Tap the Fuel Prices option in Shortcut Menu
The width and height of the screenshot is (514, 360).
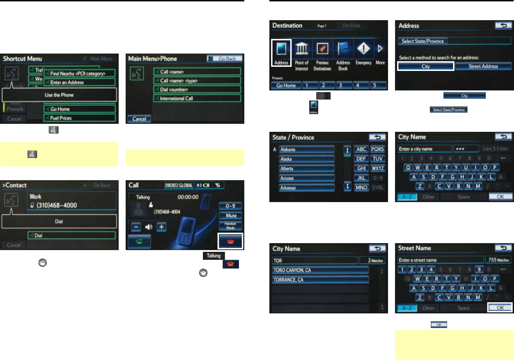click(x=80, y=118)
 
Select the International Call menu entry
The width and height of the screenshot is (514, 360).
click(x=197, y=98)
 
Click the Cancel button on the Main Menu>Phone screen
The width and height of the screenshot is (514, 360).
click(x=139, y=119)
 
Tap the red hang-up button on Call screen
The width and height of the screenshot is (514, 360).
click(x=230, y=241)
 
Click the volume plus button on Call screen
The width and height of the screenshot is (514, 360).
click(x=161, y=227)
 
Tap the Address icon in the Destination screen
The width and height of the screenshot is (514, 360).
click(x=281, y=53)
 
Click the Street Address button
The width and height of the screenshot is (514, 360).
click(x=483, y=66)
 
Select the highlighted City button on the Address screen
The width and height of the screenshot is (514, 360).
click(x=426, y=66)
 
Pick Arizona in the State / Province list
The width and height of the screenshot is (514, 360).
click(x=307, y=178)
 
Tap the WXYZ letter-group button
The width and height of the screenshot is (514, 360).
click(x=378, y=168)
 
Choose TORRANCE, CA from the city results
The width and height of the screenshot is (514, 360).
click(x=320, y=280)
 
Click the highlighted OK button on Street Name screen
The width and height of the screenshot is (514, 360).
click(x=500, y=308)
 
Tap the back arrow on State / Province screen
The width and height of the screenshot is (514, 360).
click(x=377, y=137)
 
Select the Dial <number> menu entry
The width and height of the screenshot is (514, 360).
click(x=197, y=90)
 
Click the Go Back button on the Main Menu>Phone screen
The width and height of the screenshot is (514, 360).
click(x=225, y=59)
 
